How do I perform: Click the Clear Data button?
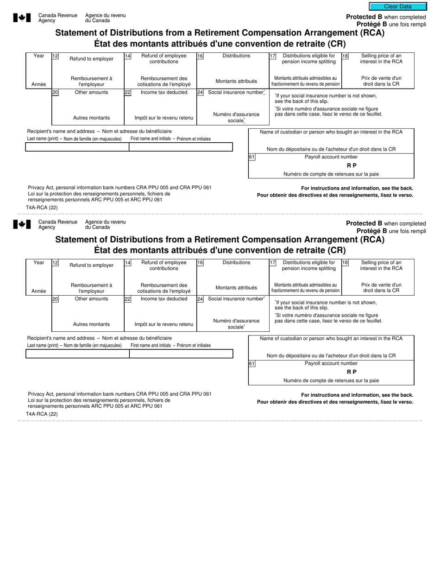point(397,6)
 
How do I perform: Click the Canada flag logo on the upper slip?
point(22,18)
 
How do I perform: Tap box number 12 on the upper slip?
point(55,56)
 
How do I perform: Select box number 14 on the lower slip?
point(127,263)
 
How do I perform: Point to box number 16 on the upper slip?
point(200,56)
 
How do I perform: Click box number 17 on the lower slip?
point(273,263)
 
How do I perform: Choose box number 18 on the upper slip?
point(345,56)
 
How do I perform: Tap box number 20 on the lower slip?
point(55,299)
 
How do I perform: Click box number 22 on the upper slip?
point(127,92)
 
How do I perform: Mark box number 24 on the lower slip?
point(200,299)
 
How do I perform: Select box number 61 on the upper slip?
point(251,157)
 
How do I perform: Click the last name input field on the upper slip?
point(77,147)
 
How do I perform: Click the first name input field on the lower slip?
point(181,354)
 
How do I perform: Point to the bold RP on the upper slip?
point(352,165)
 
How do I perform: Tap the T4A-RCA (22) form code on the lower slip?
point(42,414)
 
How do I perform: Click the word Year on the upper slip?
point(39,56)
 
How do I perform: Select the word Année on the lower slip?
point(39,291)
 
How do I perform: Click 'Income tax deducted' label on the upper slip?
point(164,92)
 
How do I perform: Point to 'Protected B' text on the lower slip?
point(364,223)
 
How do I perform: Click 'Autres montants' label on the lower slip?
point(91,324)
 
